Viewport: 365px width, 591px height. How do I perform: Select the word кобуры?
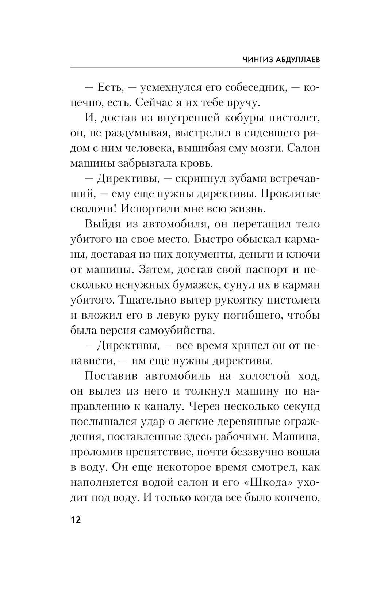[x=237, y=118]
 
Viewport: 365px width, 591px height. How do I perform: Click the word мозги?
[x=264, y=148]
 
